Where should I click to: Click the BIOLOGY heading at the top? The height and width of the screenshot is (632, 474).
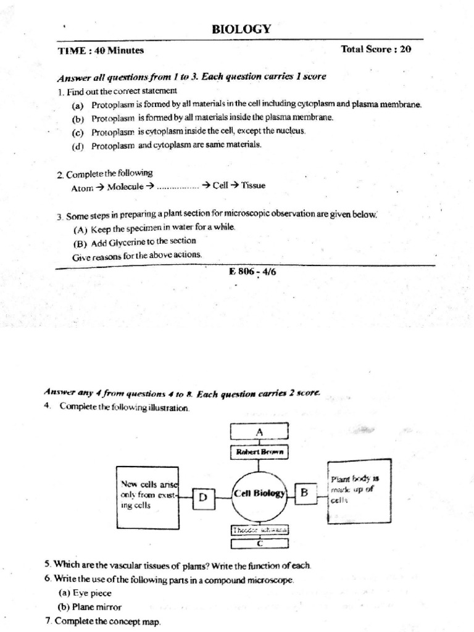tap(241, 29)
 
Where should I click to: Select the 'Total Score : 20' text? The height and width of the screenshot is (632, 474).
tap(375, 49)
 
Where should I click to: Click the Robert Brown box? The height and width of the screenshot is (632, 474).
tap(259, 452)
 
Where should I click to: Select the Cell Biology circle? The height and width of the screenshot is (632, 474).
tap(259, 493)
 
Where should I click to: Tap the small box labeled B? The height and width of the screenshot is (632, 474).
tap(304, 492)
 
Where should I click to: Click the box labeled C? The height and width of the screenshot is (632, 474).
tap(259, 544)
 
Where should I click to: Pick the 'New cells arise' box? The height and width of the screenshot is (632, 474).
tap(148, 496)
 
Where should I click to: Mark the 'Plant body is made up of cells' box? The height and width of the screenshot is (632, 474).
tap(359, 491)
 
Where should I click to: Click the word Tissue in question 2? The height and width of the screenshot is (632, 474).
tap(253, 185)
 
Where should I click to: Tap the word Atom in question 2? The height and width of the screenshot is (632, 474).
tap(82, 187)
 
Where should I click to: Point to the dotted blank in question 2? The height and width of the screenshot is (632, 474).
tap(178, 186)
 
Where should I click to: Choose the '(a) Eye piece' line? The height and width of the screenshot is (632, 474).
tap(85, 593)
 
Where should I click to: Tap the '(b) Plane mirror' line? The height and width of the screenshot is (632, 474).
tap(89, 607)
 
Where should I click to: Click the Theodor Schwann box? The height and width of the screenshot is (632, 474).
tap(259, 530)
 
